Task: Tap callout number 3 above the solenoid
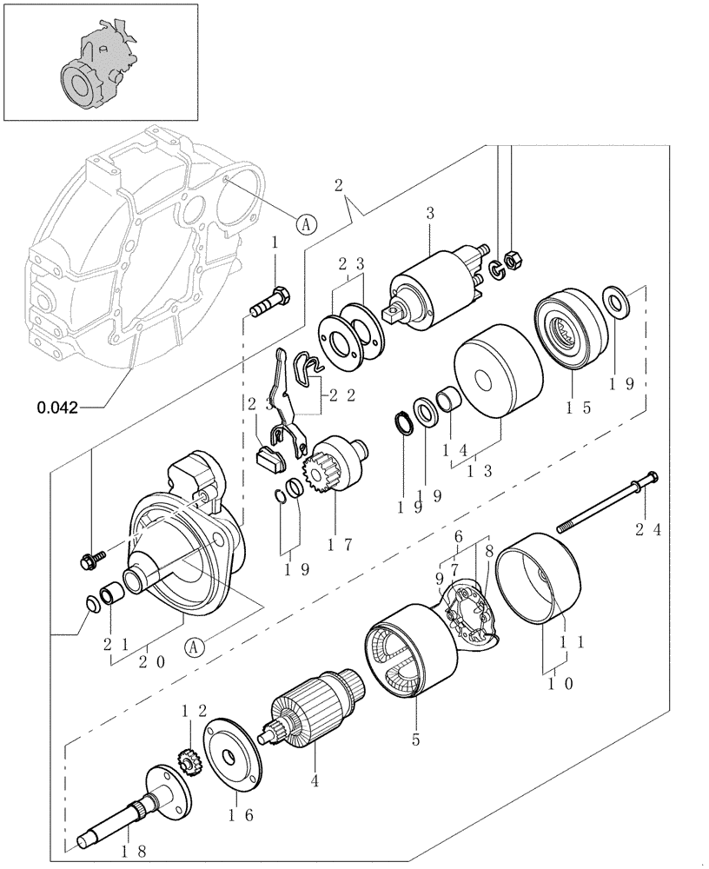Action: tap(429, 214)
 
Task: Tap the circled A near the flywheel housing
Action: tap(305, 223)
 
